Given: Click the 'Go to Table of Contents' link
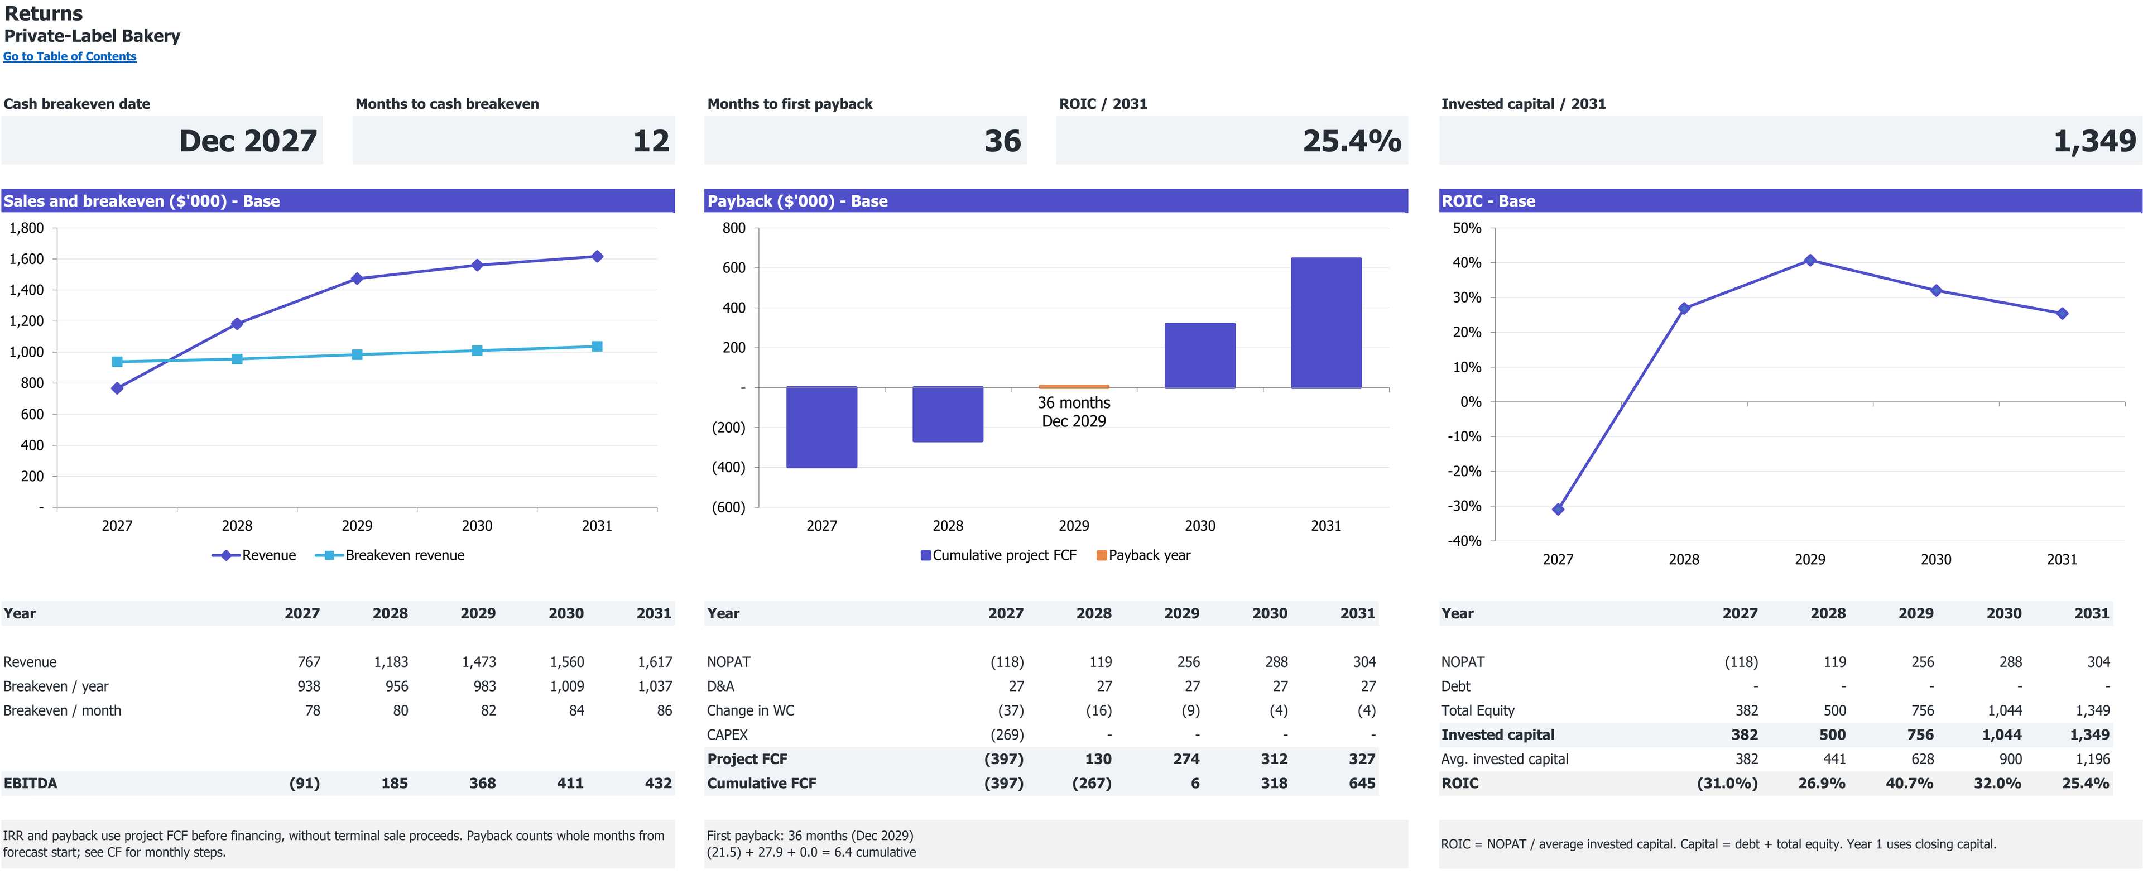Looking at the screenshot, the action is [70, 56].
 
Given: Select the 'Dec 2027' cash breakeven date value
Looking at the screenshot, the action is [248, 141].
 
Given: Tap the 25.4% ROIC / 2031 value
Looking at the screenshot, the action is [1352, 141].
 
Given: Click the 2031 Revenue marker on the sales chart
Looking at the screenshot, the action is [597, 256].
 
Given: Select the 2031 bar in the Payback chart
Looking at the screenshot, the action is [1326, 323].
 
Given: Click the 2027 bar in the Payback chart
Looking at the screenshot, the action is [822, 428].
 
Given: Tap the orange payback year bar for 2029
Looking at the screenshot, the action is [1074, 387].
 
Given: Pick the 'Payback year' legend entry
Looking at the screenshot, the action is [1144, 555].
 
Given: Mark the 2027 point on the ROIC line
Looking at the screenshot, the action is [1558, 510].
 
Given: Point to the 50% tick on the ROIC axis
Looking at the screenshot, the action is [1467, 228].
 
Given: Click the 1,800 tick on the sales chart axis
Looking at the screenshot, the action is [27, 228].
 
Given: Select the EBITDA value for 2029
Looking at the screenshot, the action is [483, 783].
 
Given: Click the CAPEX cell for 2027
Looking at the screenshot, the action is [1007, 735].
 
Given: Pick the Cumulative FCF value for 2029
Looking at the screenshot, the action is [1195, 783].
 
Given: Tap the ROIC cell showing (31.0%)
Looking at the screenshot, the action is [1727, 783].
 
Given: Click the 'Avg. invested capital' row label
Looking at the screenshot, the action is [1505, 759].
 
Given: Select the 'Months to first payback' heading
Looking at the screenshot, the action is [790, 104].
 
